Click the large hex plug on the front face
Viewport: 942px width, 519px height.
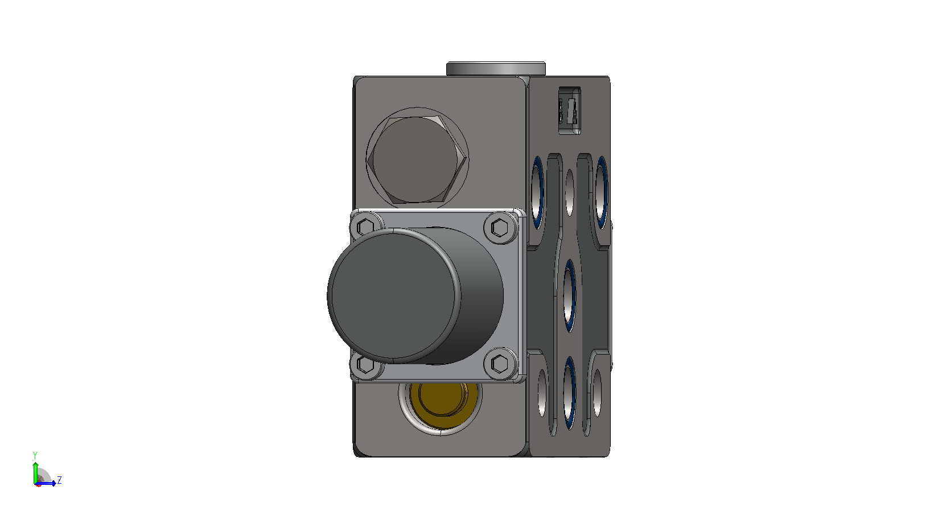[x=416, y=160]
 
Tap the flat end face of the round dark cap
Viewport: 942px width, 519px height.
[x=393, y=296]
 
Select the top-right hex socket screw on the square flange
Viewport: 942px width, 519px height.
[x=500, y=228]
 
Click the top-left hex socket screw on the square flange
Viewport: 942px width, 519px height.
[x=365, y=226]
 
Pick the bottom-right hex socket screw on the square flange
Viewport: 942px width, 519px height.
[x=500, y=364]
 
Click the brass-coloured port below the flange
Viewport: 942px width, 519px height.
[x=441, y=405]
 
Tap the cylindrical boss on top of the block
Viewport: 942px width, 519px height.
[x=496, y=69]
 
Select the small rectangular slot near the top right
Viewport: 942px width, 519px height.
[x=569, y=111]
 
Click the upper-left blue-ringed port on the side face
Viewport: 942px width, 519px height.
[x=537, y=193]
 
